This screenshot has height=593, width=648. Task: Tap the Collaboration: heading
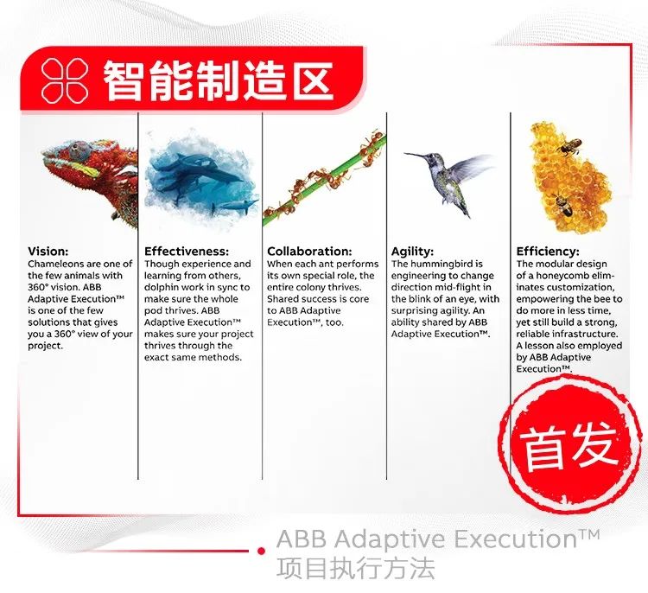click(309, 252)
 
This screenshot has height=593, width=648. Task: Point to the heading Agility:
click(412, 252)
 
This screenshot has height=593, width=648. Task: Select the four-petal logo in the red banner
click(61, 80)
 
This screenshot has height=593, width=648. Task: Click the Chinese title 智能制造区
click(218, 80)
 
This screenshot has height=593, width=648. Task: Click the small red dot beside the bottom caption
click(260, 551)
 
